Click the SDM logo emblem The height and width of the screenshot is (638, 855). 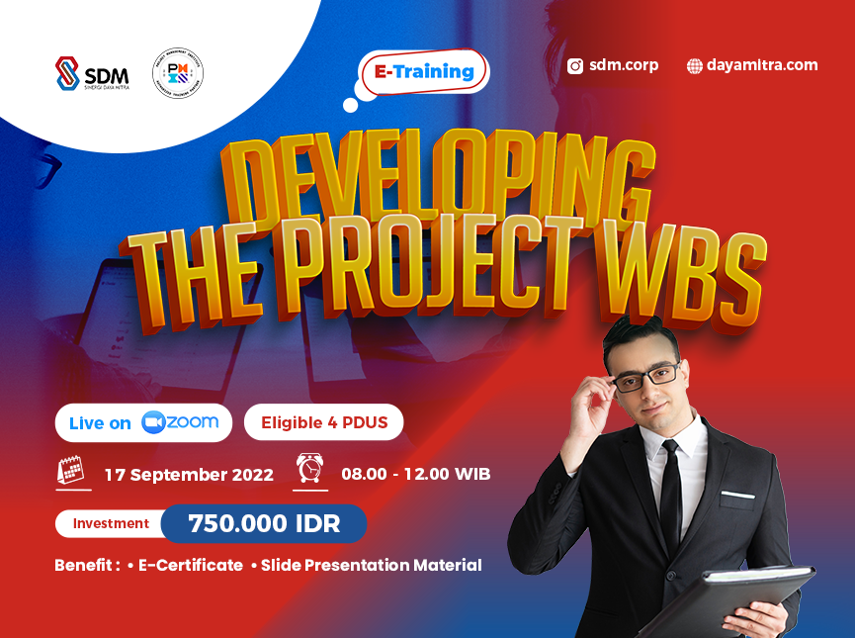click(x=67, y=73)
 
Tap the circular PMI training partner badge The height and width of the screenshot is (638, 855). click(x=179, y=73)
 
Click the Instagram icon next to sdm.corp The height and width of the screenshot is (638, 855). click(x=575, y=66)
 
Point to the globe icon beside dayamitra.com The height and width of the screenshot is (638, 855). click(x=694, y=66)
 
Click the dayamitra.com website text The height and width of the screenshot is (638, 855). click(x=762, y=65)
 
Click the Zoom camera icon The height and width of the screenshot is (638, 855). click(x=152, y=422)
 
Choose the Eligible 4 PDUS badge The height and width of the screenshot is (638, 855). click(x=323, y=423)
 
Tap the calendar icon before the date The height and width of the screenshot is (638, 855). click(x=71, y=471)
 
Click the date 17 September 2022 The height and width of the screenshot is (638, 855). click(x=189, y=474)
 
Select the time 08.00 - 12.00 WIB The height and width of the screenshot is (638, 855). click(x=415, y=474)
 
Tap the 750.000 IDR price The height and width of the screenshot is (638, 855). click(x=263, y=523)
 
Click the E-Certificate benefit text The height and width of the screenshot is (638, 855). click(x=190, y=565)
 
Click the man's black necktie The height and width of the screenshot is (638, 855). click(x=670, y=495)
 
